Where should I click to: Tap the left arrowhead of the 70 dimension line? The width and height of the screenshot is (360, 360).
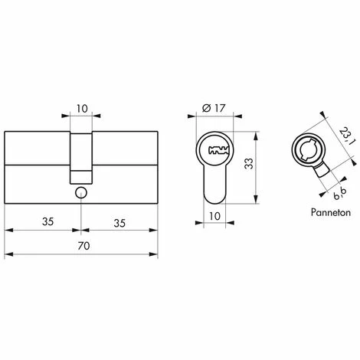(x=8, y=255)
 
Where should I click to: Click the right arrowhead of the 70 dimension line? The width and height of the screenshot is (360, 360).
(x=155, y=255)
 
